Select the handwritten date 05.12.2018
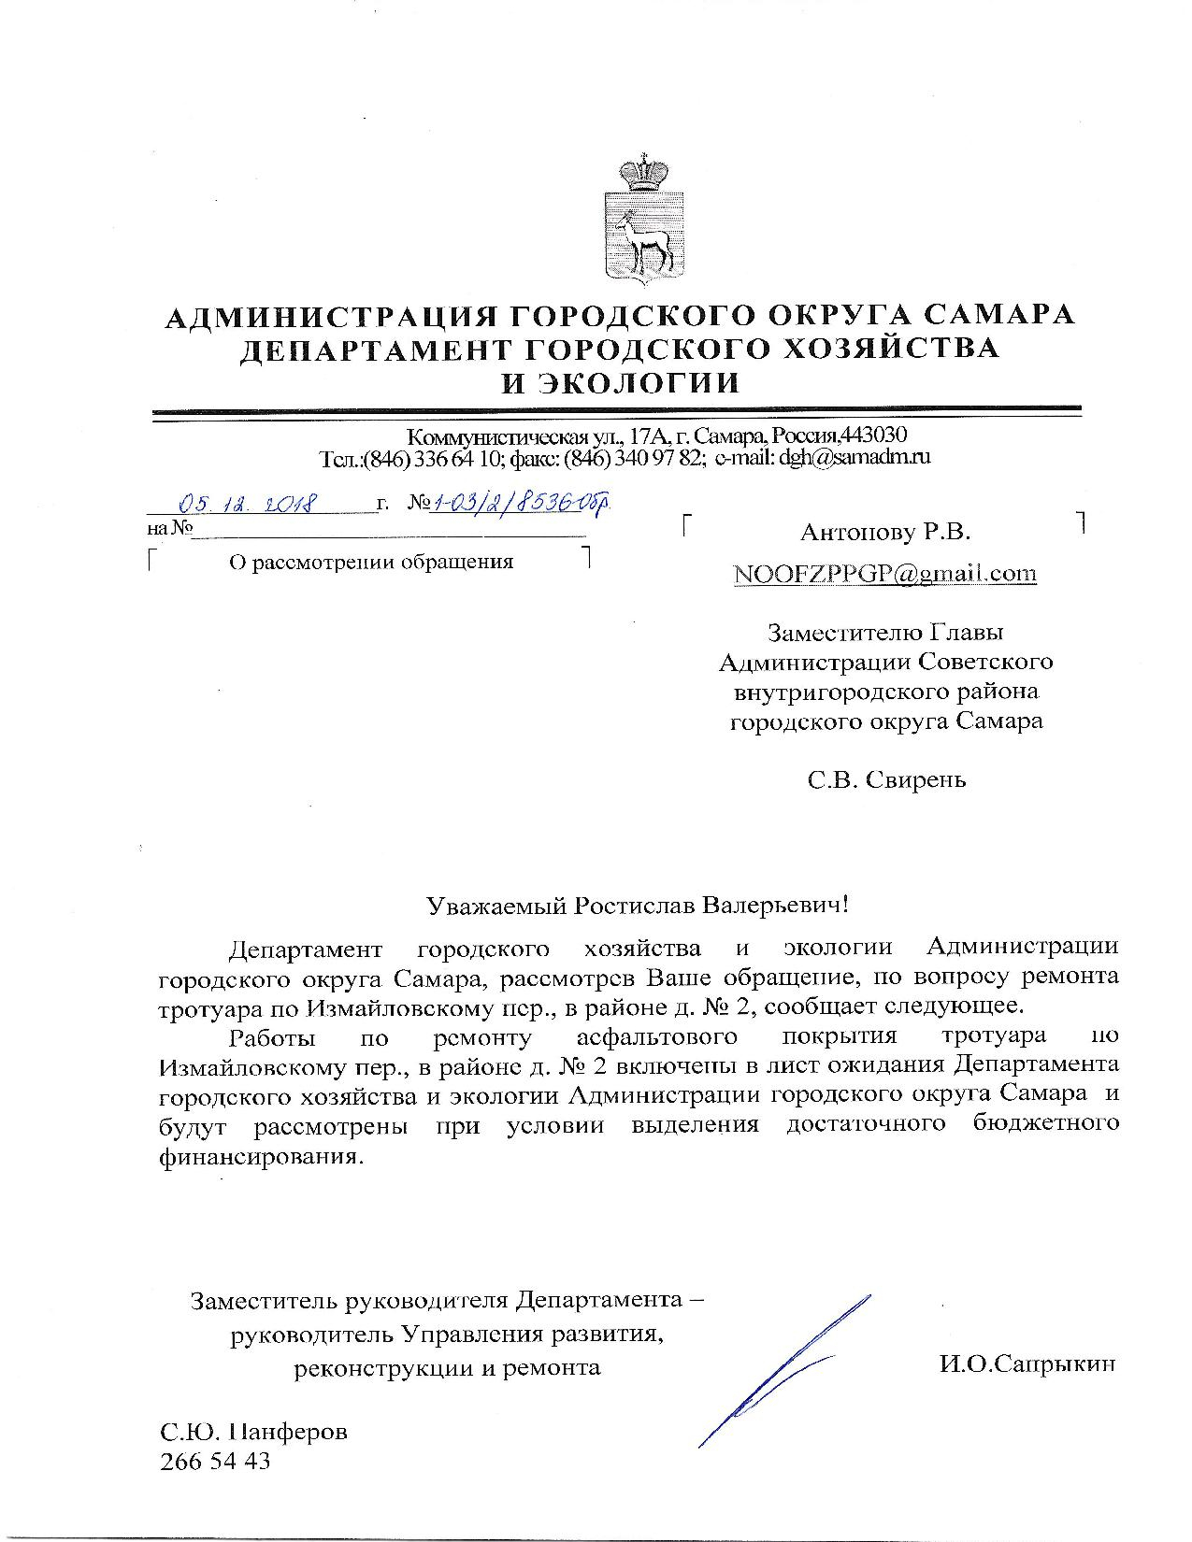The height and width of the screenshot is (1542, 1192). (251, 505)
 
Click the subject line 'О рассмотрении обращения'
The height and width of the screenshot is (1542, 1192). (371, 562)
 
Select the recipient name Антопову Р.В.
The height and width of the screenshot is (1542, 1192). (885, 533)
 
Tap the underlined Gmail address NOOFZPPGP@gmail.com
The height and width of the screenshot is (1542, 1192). (885, 573)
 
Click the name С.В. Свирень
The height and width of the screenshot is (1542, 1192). (887, 779)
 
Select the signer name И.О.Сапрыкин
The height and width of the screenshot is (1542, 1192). (1027, 1364)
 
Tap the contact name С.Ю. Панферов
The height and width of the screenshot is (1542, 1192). (254, 1431)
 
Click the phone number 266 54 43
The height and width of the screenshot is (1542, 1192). (216, 1461)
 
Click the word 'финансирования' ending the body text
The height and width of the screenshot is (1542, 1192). (259, 1155)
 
